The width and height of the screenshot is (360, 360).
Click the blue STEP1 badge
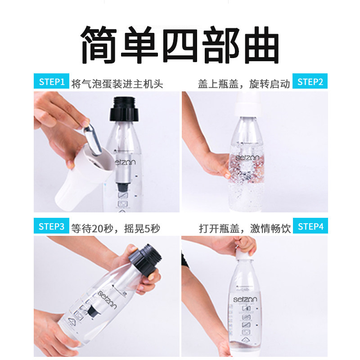pos(52,82)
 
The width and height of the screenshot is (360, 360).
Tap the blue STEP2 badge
pos(310,82)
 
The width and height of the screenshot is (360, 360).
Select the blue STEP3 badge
pos(52,226)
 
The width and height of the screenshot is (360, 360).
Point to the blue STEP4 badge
pos(310,226)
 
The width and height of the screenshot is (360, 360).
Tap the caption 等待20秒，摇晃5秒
pos(115,228)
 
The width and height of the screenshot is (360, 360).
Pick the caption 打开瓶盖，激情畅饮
pos(245,228)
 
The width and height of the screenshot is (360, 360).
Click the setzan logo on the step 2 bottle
pos(249,157)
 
